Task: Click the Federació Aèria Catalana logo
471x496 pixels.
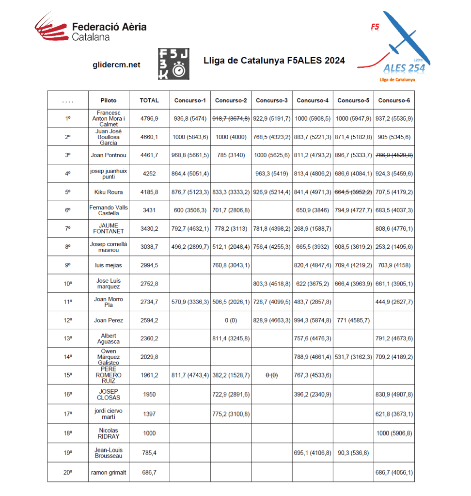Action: (x=91, y=28)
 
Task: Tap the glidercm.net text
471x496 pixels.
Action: (x=116, y=64)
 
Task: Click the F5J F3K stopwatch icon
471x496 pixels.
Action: (x=174, y=64)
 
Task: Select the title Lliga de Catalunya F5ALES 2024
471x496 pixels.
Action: (x=274, y=61)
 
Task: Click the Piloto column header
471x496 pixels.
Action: (x=109, y=100)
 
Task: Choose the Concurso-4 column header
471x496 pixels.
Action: (x=313, y=100)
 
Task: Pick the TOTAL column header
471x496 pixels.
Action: (x=149, y=100)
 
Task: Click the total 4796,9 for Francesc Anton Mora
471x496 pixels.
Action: (x=149, y=118)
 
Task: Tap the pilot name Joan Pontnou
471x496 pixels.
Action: (x=109, y=155)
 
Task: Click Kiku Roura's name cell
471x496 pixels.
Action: (x=109, y=192)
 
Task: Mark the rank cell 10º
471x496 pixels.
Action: (x=68, y=284)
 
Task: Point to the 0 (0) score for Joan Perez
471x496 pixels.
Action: (x=231, y=320)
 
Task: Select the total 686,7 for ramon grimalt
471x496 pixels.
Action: (x=149, y=472)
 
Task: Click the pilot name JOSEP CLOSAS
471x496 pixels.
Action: (x=109, y=395)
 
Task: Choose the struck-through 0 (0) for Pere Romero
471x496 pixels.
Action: (x=272, y=375)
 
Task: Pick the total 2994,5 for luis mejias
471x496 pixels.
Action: (x=149, y=265)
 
